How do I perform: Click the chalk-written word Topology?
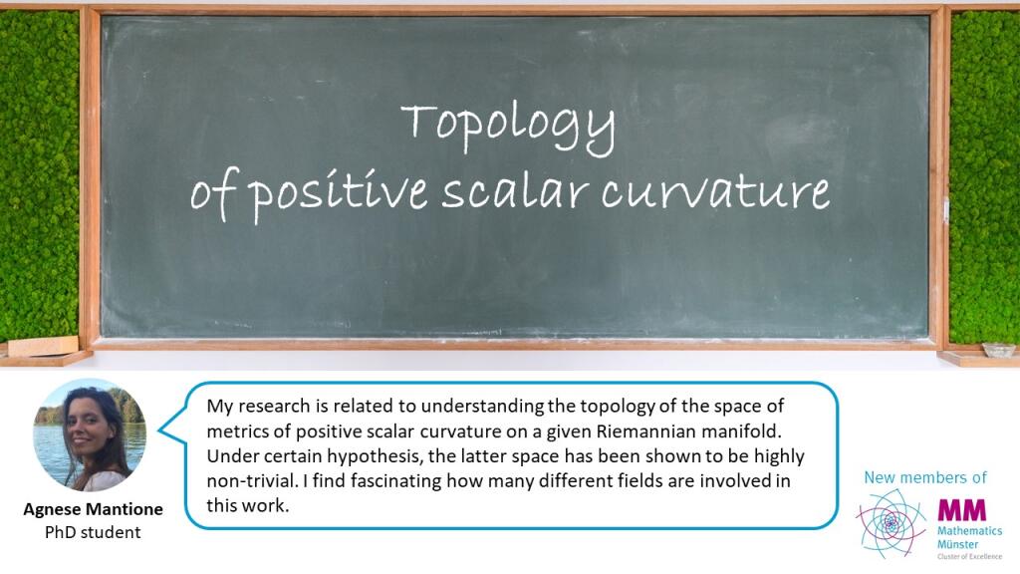pos(508,129)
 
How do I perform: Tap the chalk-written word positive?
pos(339,193)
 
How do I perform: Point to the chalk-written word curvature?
pos(715,190)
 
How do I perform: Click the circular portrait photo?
pos(90,434)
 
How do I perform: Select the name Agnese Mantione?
pos(93,509)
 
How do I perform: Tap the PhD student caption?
pos(93,532)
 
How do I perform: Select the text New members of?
pos(925,477)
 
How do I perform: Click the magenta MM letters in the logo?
pos(962,510)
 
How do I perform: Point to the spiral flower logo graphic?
pos(892,523)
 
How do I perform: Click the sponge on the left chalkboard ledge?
pos(43,346)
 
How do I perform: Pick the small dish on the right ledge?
pos(998,350)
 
